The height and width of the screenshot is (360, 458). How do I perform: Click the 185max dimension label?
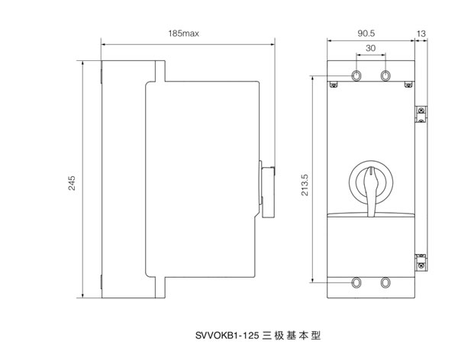tap(183, 34)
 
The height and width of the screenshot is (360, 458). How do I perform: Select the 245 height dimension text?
tap(71, 184)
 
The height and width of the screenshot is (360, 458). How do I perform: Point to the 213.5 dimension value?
tap(305, 185)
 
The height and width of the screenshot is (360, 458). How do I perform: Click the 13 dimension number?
tap(421, 34)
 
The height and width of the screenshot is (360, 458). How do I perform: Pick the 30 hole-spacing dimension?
tap(370, 49)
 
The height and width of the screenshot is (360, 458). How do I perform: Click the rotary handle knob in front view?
tap(370, 182)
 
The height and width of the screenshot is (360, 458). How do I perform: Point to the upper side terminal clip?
tap(420, 113)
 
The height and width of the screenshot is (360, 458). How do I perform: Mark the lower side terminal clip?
tap(420, 261)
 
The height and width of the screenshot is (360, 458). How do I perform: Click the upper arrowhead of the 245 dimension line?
tap(82, 62)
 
